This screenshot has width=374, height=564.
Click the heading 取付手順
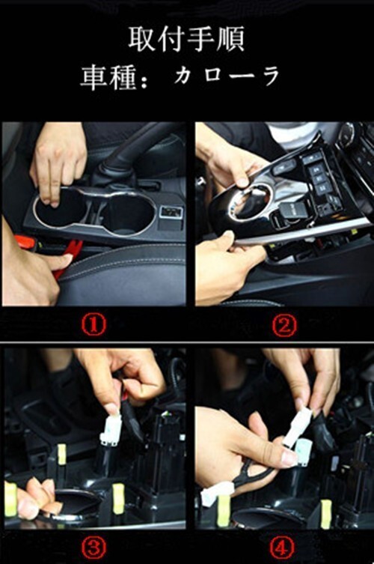(x=187, y=39)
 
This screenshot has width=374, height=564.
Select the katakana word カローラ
(x=227, y=76)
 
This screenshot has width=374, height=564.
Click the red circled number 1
(x=93, y=326)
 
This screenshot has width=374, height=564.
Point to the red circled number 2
(x=283, y=326)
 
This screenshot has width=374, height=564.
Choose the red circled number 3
(x=93, y=548)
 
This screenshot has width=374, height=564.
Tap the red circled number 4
(x=282, y=548)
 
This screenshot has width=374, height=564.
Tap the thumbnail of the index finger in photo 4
(x=289, y=459)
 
